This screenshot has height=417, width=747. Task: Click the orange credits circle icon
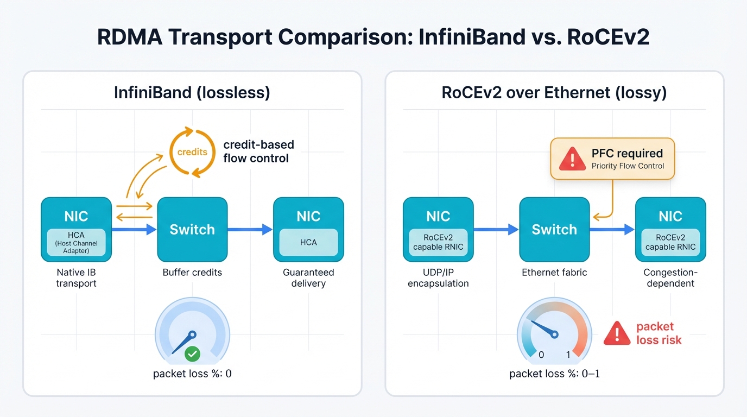click(192, 152)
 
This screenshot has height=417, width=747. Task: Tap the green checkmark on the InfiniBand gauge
click(192, 355)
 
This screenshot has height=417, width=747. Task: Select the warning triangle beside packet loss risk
click(617, 333)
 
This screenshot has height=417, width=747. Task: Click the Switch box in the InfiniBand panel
click(192, 229)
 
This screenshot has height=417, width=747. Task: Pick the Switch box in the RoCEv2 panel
click(554, 229)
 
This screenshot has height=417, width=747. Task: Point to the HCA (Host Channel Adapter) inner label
click(76, 243)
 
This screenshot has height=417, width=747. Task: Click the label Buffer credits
click(192, 272)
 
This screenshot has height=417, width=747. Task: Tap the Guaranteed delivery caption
click(308, 277)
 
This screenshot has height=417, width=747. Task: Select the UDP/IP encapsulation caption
click(438, 277)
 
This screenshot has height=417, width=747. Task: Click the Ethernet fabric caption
click(554, 272)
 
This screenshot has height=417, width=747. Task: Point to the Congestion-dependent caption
click(670, 277)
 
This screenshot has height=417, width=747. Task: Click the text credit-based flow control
click(258, 151)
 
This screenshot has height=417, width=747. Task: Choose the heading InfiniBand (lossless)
click(192, 92)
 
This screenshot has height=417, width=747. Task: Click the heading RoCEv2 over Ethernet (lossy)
click(554, 92)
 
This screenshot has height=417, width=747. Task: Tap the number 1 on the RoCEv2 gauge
click(568, 355)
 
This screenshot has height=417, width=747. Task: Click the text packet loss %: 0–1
click(554, 374)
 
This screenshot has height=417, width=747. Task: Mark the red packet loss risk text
click(659, 333)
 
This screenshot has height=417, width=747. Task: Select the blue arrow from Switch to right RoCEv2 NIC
click(612, 230)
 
